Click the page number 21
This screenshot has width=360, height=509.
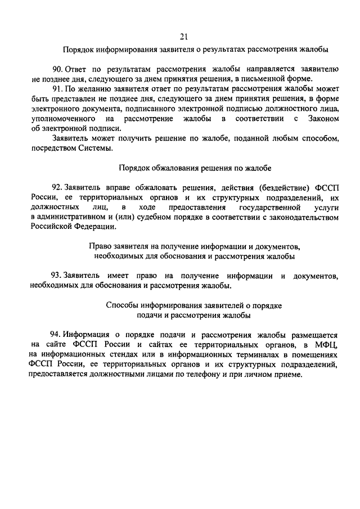[x=183, y=37]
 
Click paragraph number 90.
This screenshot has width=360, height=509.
[x=57, y=69]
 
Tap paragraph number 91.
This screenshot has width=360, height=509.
[x=57, y=88]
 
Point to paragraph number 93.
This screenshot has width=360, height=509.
[x=57, y=276]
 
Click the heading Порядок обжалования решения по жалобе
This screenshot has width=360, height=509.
[x=195, y=168]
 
